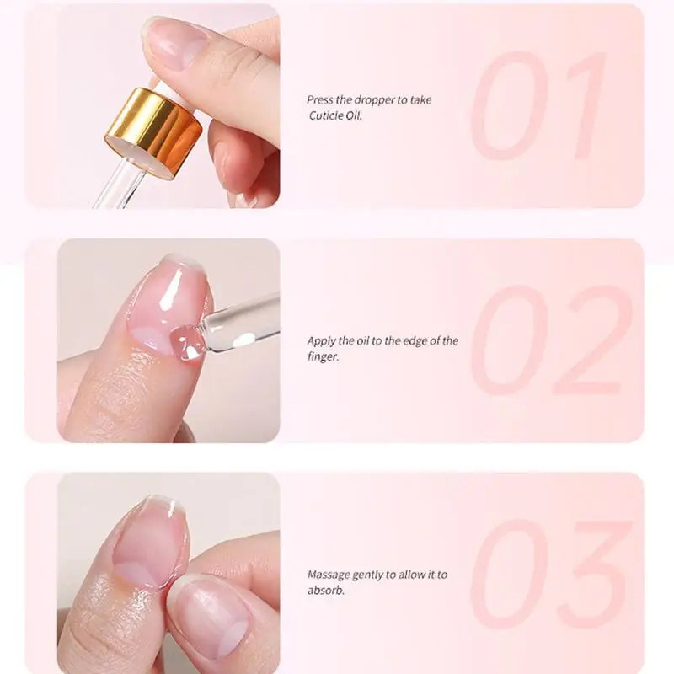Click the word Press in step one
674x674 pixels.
coord(320,100)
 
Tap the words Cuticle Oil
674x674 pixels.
coord(335,115)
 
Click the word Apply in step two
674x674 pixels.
coord(322,341)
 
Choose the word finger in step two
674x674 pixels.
coord(322,356)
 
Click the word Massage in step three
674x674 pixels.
coord(329,575)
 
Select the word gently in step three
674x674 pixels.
coord(369,575)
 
